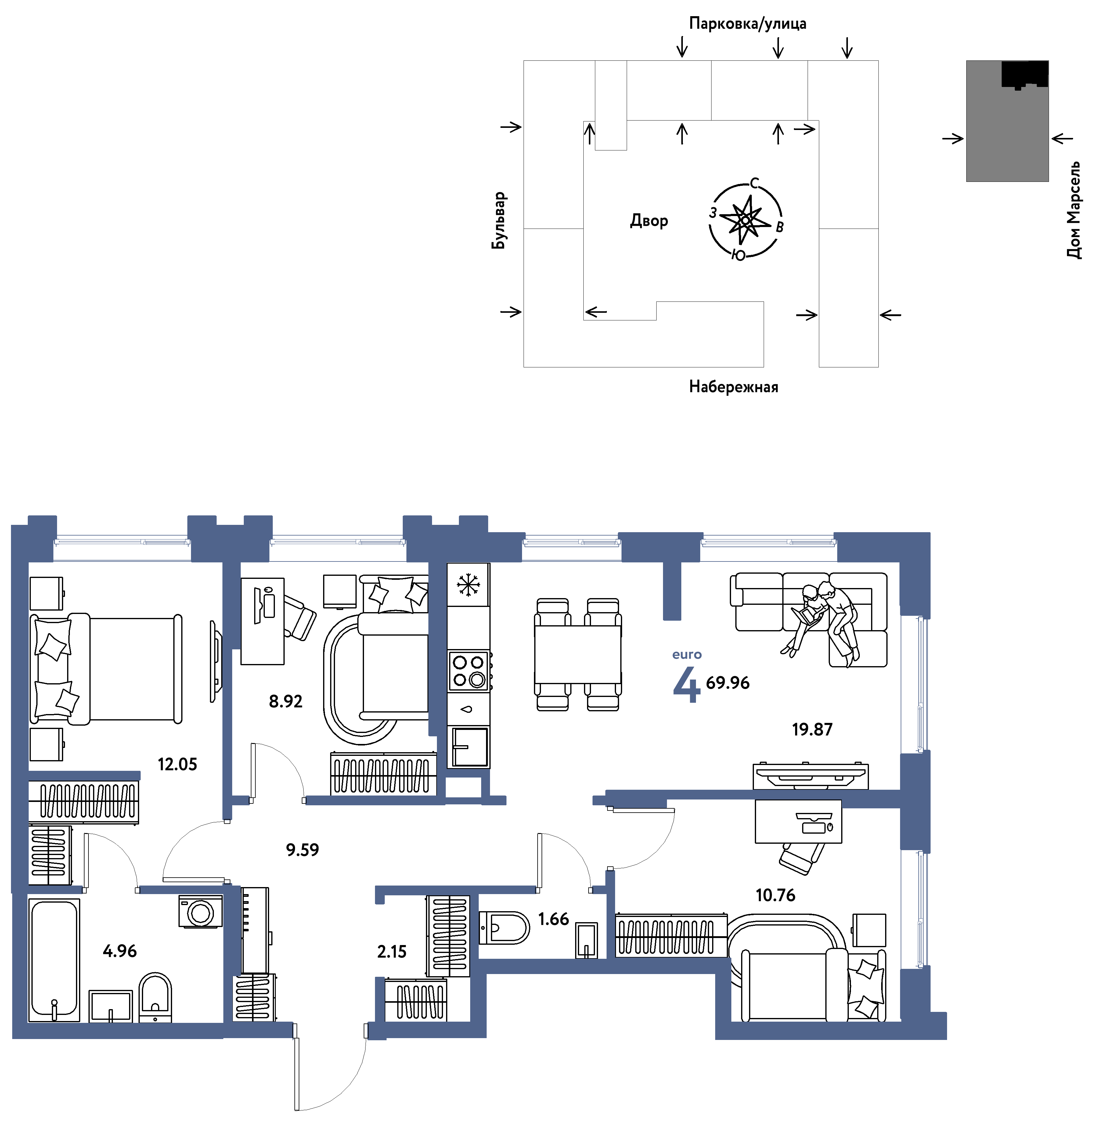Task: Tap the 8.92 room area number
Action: point(286,701)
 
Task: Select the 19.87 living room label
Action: point(812,730)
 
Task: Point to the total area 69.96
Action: point(727,683)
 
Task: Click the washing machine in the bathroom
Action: point(200,912)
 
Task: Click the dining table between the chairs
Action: point(578,655)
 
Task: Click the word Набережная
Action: point(733,387)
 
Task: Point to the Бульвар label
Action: point(499,220)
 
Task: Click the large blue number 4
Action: point(686,684)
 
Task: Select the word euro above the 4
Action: point(687,655)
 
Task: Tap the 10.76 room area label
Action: point(775,895)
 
